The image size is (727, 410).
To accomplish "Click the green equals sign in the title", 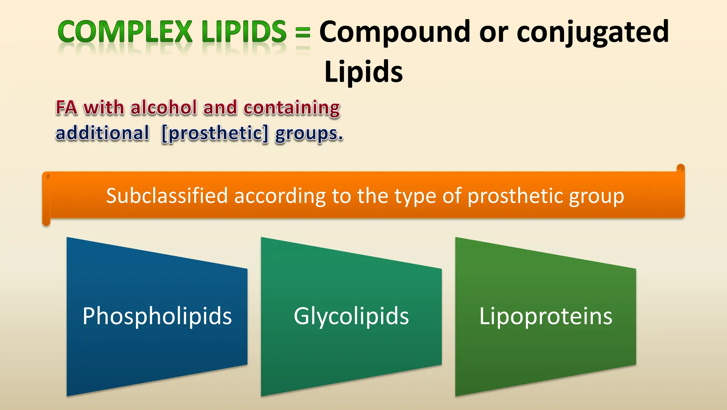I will coord(303,33).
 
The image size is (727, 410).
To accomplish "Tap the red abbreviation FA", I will coord(66,108).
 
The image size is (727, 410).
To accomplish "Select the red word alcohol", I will coord(164,108).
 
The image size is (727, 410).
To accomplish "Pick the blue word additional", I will coord(102,133).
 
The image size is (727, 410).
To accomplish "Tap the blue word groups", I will coord(309,134).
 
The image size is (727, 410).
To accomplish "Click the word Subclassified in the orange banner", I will coord(167,196).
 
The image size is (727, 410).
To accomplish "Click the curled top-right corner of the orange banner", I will coord(680,168).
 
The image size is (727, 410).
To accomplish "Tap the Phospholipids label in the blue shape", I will coord(157,316).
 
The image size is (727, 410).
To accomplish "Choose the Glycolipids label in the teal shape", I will coord(351,316).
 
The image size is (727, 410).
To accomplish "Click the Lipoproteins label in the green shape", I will coord(546,316).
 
